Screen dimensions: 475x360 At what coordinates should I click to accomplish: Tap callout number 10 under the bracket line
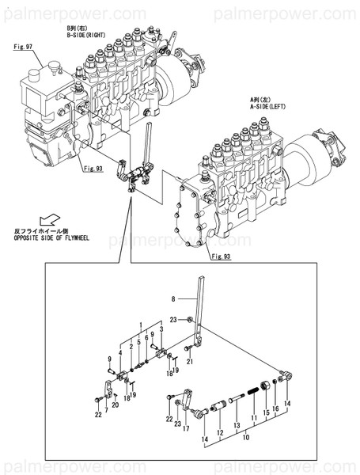coord(244,436)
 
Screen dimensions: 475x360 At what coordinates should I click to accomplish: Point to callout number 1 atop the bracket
coord(141,325)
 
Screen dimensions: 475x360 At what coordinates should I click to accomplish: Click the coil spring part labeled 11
coord(252,391)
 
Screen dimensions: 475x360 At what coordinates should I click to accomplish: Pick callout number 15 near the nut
coord(266,412)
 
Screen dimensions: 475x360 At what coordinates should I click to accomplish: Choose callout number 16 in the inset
coord(275,409)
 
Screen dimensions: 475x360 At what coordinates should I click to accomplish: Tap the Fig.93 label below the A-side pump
coord(221,257)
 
